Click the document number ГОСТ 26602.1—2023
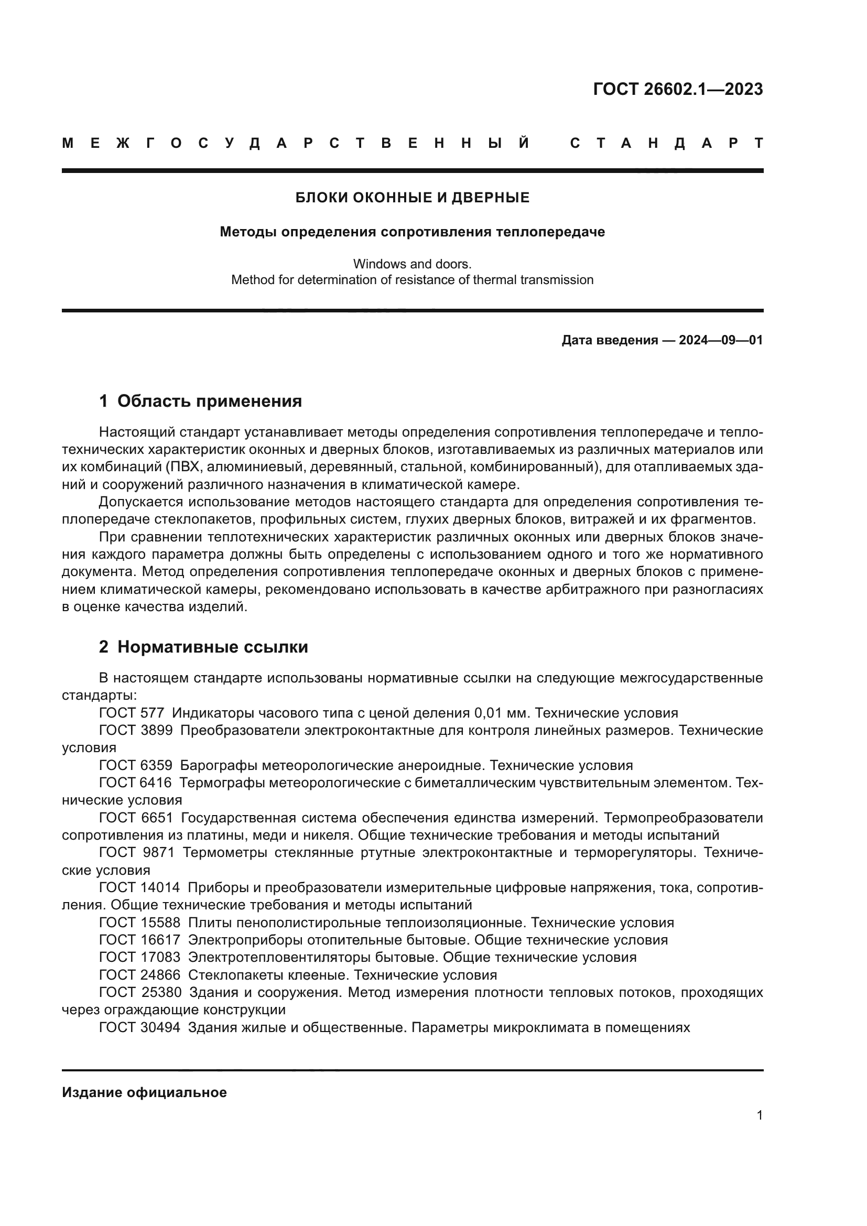(x=677, y=89)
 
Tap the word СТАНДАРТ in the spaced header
(x=666, y=143)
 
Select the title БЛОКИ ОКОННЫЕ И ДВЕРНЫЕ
(x=412, y=198)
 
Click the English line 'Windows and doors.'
(x=412, y=264)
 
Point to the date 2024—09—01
(x=721, y=340)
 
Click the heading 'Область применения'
(x=209, y=401)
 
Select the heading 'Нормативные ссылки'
(x=212, y=647)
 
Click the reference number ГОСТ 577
(x=132, y=713)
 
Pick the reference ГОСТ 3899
(x=136, y=731)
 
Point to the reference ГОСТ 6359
(x=136, y=765)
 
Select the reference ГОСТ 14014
(x=139, y=887)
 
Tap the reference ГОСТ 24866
(x=139, y=975)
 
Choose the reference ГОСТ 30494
(x=139, y=1027)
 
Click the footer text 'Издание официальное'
(x=144, y=1092)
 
